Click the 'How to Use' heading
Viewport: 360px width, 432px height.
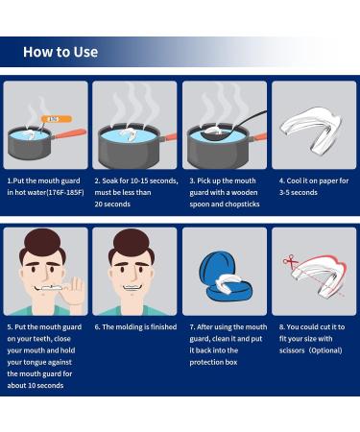tap(60, 52)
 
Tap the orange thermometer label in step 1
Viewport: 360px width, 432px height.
tap(57, 119)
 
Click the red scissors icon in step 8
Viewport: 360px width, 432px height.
tap(290, 261)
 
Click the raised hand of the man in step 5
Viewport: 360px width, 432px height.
tap(75, 292)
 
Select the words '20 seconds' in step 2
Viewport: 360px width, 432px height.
tap(112, 204)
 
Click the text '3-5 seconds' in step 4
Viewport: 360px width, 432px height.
tap(299, 192)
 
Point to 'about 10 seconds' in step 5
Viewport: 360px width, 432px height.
tap(36, 385)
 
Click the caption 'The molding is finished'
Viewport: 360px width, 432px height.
tap(139, 326)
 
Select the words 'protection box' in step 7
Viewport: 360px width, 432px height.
tap(213, 362)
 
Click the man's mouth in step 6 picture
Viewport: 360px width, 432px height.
tap(132, 287)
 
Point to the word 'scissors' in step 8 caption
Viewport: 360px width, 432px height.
tap(292, 350)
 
